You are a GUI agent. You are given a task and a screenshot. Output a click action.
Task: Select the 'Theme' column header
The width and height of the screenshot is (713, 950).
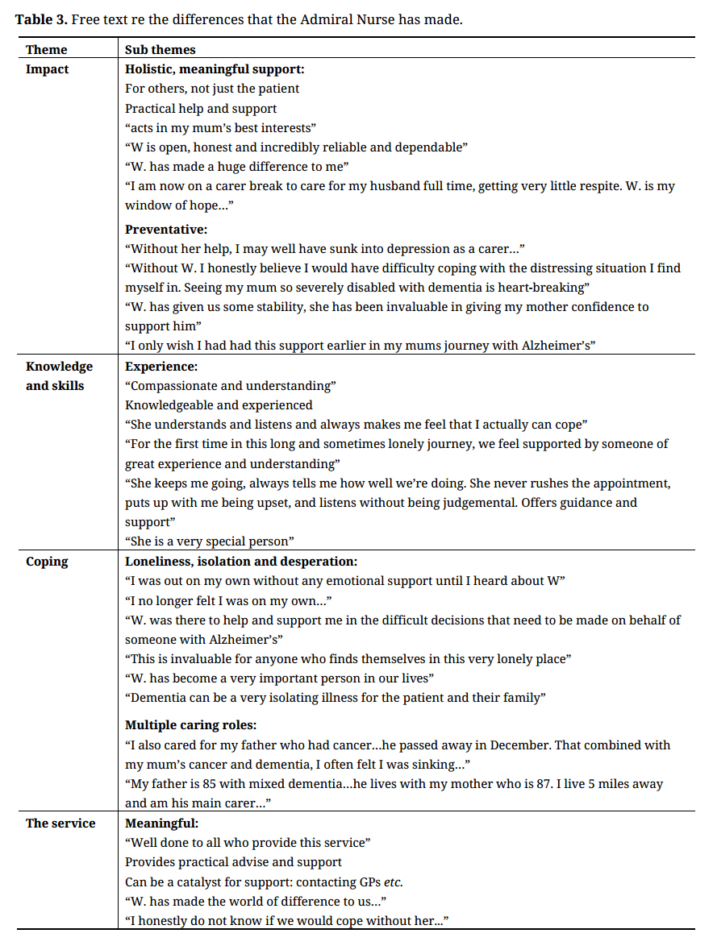[x=47, y=50]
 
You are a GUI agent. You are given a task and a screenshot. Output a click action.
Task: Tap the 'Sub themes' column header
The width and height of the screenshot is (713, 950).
[x=161, y=50]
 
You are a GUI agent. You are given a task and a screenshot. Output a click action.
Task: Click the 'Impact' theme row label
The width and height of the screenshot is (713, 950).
[x=47, y=69]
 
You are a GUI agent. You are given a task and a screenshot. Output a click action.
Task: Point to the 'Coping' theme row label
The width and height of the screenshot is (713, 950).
[x=47, y=562]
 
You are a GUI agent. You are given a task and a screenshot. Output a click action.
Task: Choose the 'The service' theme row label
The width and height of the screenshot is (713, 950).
[x=60, y=823]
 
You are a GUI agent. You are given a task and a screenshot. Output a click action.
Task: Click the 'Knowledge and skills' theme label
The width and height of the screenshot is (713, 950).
[x=59, y=376]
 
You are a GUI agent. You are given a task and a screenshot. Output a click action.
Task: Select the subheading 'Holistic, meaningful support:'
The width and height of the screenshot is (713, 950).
[x=214, y=69]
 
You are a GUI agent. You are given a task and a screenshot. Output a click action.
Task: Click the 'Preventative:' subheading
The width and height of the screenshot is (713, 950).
[x=166, y=230]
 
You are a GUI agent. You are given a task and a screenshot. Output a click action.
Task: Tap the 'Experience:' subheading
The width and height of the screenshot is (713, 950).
[x=161, y=367]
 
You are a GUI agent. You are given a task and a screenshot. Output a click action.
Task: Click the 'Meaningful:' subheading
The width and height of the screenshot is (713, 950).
[x=161, y=823]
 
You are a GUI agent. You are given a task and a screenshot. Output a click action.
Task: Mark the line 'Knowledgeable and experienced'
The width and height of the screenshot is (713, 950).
[x=219, y=405]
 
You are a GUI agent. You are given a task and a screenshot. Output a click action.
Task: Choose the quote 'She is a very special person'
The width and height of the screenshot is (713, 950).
[x=210, y=541]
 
